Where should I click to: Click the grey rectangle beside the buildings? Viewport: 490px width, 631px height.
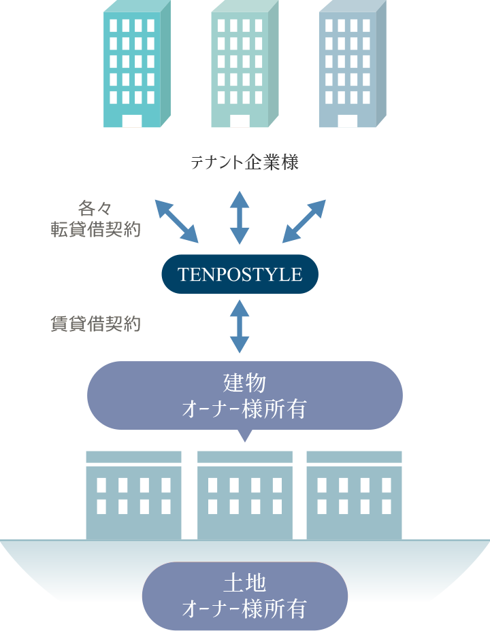point(438,45)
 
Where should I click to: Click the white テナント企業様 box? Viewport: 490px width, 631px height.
point(244,163)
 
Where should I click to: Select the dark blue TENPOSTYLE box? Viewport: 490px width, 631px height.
point(240,274)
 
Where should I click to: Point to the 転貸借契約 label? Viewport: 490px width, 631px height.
point(96,229)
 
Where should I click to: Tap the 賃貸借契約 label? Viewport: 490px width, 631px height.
point(96,324)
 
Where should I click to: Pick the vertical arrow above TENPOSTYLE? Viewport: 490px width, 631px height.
point(240,218)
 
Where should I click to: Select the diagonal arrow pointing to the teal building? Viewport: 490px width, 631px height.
point(177,221)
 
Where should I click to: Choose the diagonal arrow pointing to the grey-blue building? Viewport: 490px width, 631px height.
point(304,221)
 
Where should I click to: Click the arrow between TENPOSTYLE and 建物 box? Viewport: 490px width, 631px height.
point(240,326)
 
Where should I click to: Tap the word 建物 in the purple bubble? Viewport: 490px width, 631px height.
point(244,383)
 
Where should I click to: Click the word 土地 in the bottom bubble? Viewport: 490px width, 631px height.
point(244,583)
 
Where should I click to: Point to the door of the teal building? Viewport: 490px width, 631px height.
point(132,121)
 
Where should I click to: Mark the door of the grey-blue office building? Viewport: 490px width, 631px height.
point(347,121)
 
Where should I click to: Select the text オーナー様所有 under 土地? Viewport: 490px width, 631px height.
point(244,607)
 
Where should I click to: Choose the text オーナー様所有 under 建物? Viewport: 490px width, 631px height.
point(244,409)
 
